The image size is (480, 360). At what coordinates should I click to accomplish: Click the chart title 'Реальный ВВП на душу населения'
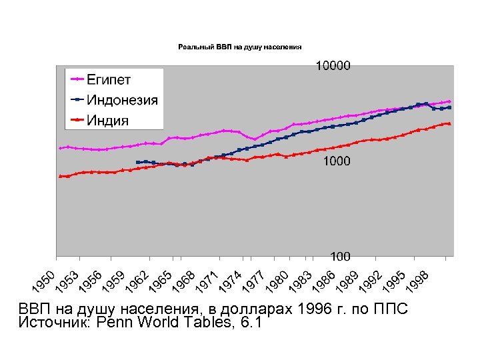click(x=239, y=47)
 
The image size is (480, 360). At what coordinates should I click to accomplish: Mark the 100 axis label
click(x=341, y=256)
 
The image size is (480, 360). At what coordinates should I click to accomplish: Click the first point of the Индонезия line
click(x=137, y=162)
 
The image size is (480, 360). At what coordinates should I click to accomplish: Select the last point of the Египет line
click(x=450, y=102)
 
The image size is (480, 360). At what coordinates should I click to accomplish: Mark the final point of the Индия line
click(x=450, y=123)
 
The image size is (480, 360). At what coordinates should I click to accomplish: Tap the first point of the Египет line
click(x=60, y=148)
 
